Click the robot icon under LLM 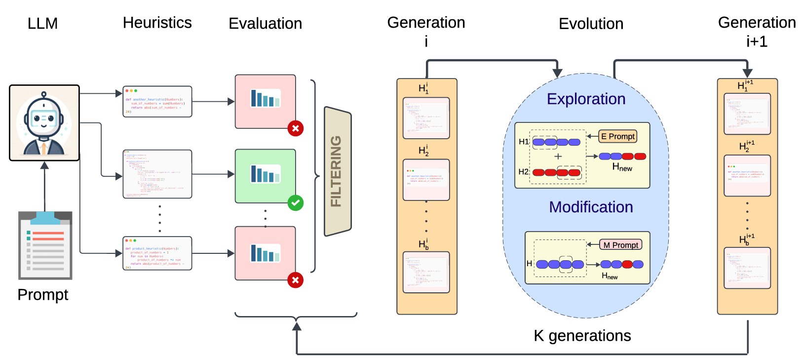(44, 123)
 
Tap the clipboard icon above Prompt (45, 245)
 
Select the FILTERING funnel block (338, 171)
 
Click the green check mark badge (296, 202)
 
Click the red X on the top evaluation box (296, 128)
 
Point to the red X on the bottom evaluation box (295, 280)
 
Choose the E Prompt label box (618, 136)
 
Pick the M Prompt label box (621, 245)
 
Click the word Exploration (586, 99)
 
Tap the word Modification (591, 207)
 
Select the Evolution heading (591, 24)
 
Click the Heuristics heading (157, 23)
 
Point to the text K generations (582, 336)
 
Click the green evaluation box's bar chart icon (266, 174)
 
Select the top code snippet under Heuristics (157, 102)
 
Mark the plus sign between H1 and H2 (558, 157)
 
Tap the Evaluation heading (265, 24)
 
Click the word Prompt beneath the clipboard (43, 295)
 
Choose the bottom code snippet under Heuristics (157, 253)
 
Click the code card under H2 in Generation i (426, 179)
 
